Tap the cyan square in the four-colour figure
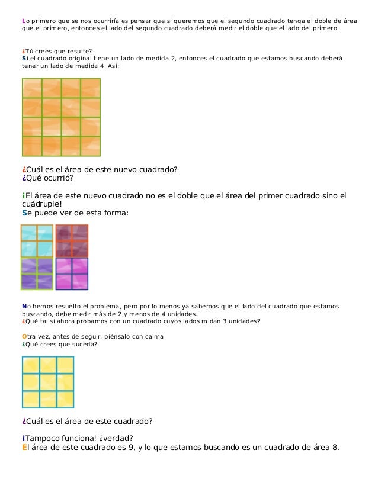[x=37, y=240]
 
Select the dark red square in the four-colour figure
[x=72, y=240]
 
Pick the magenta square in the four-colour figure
[x=72, y=274]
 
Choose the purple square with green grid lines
[x=37, y=274]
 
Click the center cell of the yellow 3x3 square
[x=48, y=382]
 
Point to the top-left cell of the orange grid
[x=32, y=88]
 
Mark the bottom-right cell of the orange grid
[x=90, y=146]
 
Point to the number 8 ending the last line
[x=336, y=447]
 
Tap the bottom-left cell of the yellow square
[x=31, y=399]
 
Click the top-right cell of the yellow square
[x=65, y=365]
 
